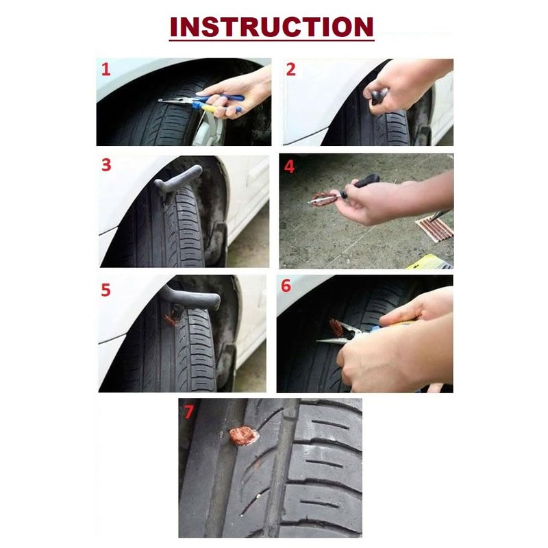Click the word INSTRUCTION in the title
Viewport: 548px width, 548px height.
pyautogui.click(x=271, y=27)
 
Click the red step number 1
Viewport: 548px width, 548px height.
pyautogui.click(x=105, y=70)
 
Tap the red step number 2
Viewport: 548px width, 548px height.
pyautogui.click(x=290, y=70)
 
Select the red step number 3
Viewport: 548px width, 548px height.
pyautogui.click(x=106, y=165)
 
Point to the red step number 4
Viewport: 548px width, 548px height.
pyautogui.click(x=289, y=166)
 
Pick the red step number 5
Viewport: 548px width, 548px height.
pyautogui.click(x=106, y=290)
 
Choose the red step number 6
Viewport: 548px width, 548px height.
pyautogui.click(x=286, y=286)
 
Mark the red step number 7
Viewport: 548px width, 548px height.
pyautogui.click(x=189, y=412)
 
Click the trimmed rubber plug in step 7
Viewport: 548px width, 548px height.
pyautogui.click(x=244, y=436)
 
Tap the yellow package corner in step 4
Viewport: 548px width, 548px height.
pyautogui.click(x=430, y=262)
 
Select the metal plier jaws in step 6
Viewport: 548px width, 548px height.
pyautogui.click(x=337, y=334)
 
